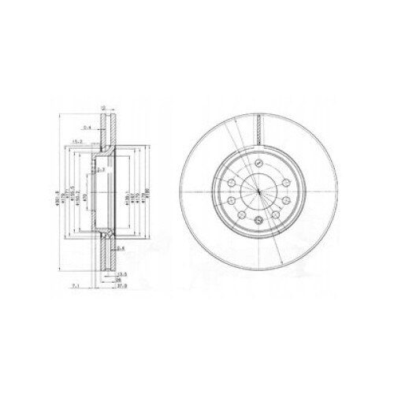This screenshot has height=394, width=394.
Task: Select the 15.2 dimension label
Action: click(x=77, y=141)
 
